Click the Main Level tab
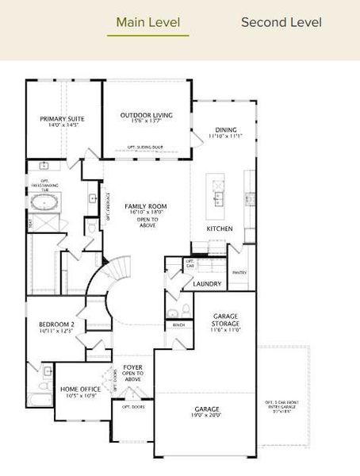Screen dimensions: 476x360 [x=148, y=22]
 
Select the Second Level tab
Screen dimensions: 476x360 [x=281, y=22]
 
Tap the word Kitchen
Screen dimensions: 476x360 [x=220, y=228]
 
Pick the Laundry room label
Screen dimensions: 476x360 [x=207, y=283]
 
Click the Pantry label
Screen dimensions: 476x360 [x=239, y=272]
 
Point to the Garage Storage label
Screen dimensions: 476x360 [x=226, y=320]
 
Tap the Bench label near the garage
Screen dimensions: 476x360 [x=178, y=324]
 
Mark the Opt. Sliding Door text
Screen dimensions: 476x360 [x=145, y=148]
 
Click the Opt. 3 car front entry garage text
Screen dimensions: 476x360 [x=283, y=406]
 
